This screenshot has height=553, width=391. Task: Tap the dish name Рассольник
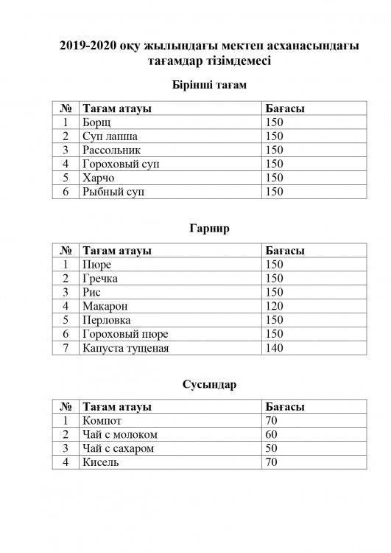[111, 150]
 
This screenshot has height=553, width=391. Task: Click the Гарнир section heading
[208, 229]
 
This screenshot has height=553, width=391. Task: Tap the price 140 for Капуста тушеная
[274, 348]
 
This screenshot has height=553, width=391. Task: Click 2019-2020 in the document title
[89, 46]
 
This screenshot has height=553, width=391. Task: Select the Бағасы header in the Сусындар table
[284, 408]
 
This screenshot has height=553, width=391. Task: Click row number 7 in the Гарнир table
[66, 348]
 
